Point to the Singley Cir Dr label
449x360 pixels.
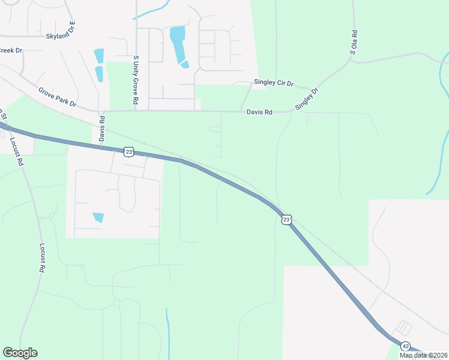click(274, 83)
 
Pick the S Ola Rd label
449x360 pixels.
click(354, 43)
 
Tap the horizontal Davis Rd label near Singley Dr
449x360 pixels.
click(260, 112)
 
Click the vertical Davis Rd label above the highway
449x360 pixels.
click(102, 129)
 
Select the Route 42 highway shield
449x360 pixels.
click(406, 346)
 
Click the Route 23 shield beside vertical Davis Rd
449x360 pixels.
click(128, 152)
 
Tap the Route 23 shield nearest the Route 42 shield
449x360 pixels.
click(286, 220)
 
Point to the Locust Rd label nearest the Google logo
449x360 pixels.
click(43, 258)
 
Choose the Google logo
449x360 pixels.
click(20, 353)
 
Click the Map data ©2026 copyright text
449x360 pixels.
click(423, 355)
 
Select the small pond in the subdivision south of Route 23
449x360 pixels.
click(98, 217)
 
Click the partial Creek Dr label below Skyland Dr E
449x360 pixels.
click(10, 50)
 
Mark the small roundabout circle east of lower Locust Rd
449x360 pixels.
click(117, 303)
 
